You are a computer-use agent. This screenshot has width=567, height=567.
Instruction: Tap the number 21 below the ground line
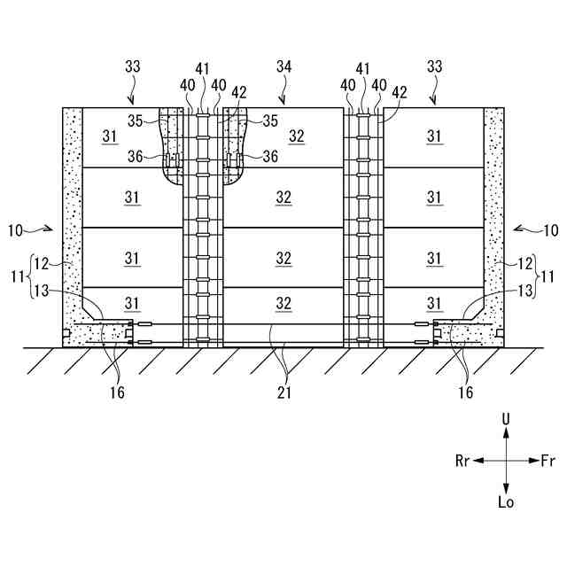coord(283,391)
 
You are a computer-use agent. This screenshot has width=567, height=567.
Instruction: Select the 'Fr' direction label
coord(548,461)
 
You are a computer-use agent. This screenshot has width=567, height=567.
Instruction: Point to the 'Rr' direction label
coord(462,461)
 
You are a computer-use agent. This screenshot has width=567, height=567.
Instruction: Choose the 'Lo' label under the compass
coord(506,502)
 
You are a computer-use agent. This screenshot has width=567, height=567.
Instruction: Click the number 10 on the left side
coord(16,231)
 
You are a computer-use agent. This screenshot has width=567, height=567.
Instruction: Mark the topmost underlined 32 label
coord(283,137)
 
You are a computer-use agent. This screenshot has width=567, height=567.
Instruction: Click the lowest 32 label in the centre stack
coord(283,303)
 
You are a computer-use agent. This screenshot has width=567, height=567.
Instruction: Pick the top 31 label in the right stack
coord(434,137)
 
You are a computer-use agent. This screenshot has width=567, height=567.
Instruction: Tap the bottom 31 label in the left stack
coord(133,303)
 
